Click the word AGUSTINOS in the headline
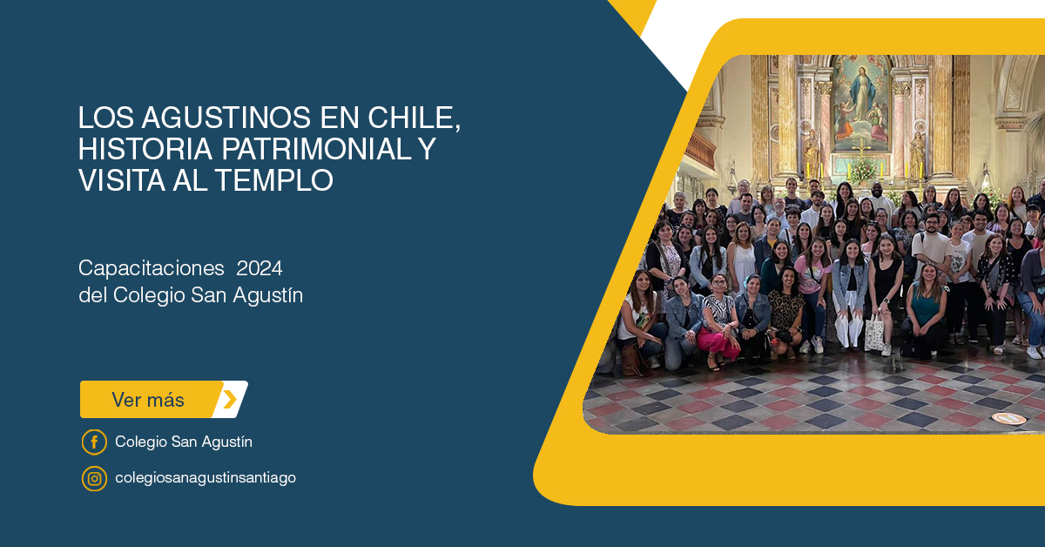[x=226, y=117]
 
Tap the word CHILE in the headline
[x=414, y=118]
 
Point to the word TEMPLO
[x=273, y=180]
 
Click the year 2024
[x=259, y=268]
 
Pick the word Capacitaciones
[x=152, y=269]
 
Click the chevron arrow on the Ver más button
[x=230, y=400]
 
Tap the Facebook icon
[x=94, y=442]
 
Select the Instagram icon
[x=94, y=478]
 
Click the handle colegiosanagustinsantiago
[x=206, y=478]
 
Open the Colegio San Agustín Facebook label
[x=184, y=442]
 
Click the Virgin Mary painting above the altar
[x=861, y=104]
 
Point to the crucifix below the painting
[x=861, y=149]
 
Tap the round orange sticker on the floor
[x=1008, y=419]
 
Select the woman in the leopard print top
[x=786, y=313]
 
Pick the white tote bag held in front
[x=873, y=333]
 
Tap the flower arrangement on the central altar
[x=863, y=172]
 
